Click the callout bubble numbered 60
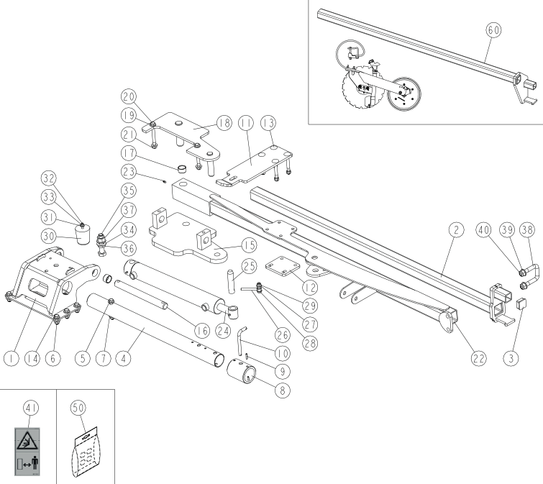pos(493,30)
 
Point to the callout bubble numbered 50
pos(78,407)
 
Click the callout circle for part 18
pos(222,123)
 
